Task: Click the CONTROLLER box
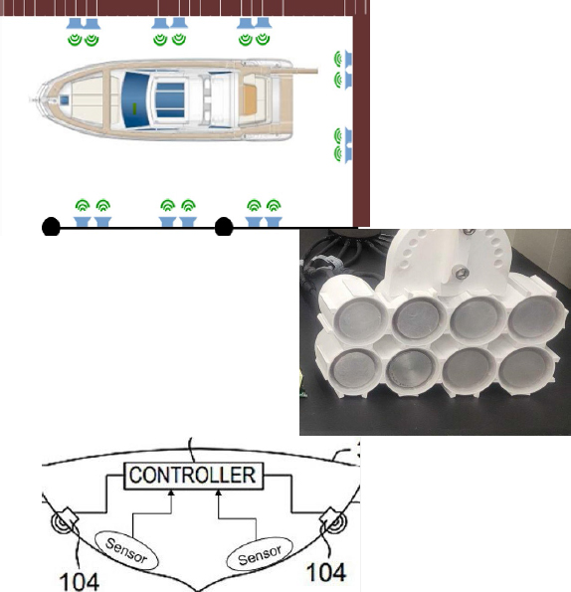(x=194, y=476)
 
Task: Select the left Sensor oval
(x=126, y=550)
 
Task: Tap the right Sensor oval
(x=260, y=554)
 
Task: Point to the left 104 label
(x=80, y=581)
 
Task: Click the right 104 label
(x=326, y=572)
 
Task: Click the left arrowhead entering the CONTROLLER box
(x=171, y=493)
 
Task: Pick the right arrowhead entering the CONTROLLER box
(x=219, y=493)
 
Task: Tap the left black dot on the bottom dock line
(x=51, y=227)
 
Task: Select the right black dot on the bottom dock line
(x=224, y=227)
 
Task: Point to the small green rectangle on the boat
(x=134, y=108)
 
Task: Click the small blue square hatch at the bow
(x=64, y=100)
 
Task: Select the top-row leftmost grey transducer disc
(x=358, y=319)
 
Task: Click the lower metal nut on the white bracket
(x=462, y=273)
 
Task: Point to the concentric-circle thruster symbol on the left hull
(x=63, y=522)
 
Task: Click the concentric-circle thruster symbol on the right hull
(x=335, y=522)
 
